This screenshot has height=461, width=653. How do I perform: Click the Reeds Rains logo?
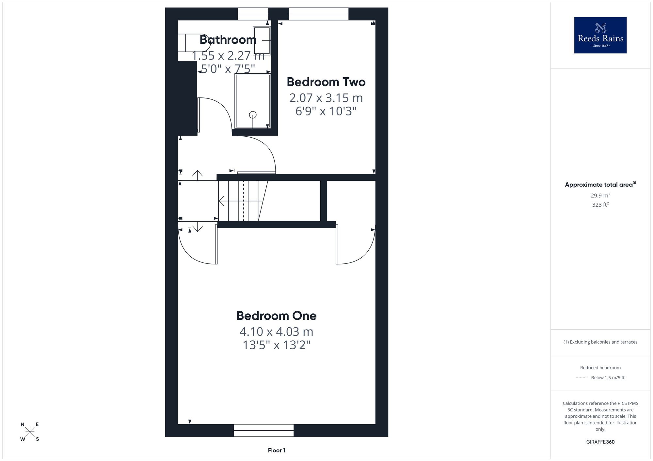tap(600, 35)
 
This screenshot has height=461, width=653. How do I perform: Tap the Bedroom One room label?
tap(277, 316)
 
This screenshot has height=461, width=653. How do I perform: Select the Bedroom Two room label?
tap(326, 82)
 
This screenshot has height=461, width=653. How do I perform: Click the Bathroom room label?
tap(228, 40)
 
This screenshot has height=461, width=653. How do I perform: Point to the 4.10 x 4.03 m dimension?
tap(277, 332)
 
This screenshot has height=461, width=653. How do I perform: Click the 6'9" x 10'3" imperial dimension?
tap(326, 111)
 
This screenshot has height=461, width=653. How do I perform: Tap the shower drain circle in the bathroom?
tap(253, 115)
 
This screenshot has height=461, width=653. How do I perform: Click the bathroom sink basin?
tap(262, 40)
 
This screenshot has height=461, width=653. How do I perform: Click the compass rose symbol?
tap(30, 432)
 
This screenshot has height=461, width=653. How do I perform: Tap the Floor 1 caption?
tap(277, 450)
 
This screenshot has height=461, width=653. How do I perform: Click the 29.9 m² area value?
tap(600, 195)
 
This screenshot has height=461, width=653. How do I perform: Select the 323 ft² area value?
tap(600, 204)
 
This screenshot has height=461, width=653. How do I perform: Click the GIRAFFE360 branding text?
tap(600, 442)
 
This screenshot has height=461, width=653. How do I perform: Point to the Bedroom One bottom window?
tap(263, 430)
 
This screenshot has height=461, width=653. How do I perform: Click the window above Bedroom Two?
tap(319, 14)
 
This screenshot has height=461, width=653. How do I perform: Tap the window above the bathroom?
tap(253, 14)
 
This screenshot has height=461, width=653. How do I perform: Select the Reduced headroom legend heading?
tap(600, 367)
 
